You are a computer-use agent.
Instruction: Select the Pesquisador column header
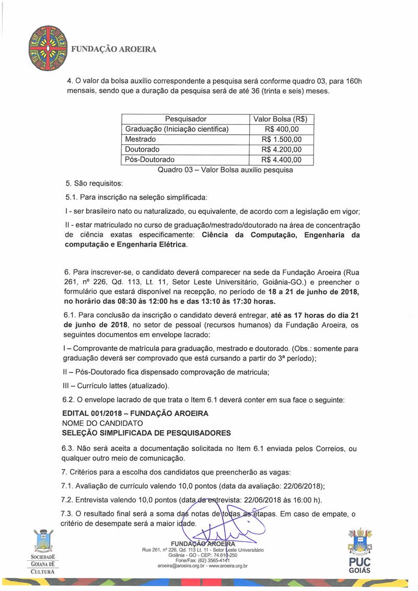(185, 119)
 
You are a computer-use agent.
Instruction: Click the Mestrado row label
(141, 140)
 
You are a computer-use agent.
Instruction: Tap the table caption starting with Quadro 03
(225, 170)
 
